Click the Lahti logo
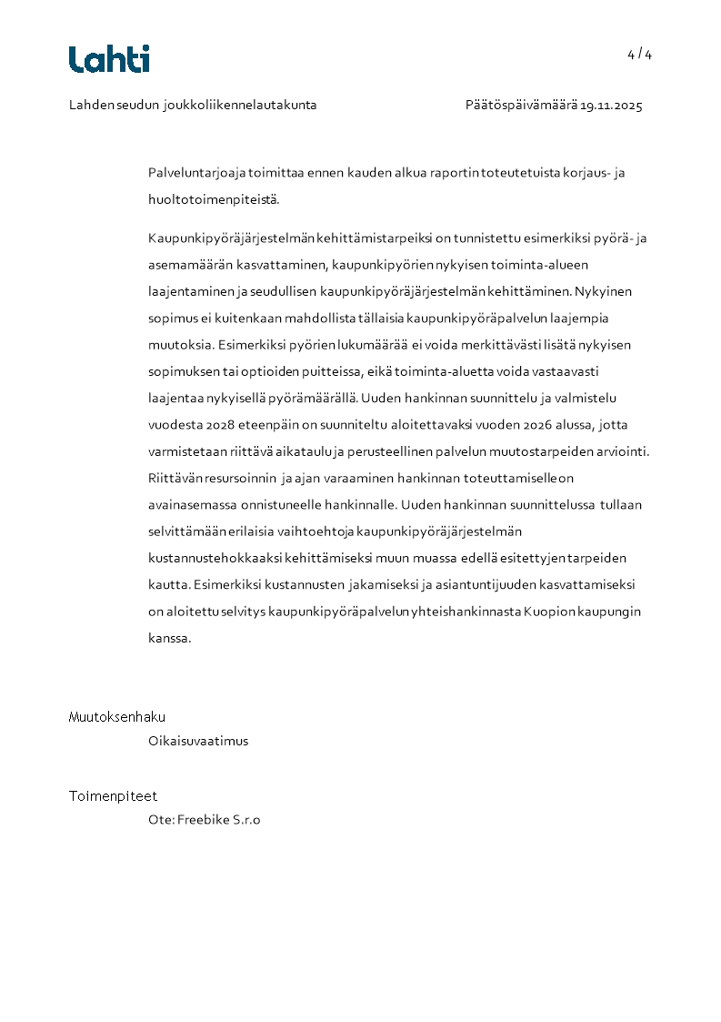point(109,59)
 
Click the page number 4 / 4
point(639,55)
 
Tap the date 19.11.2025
point(612,106)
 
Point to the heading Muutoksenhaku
point(117,717)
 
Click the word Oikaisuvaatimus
point(198,741)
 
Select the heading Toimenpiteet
point(113,796)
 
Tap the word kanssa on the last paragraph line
point(169,638)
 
